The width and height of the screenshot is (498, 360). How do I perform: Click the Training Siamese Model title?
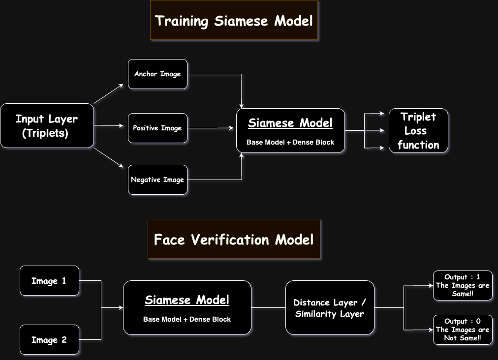point(234,21)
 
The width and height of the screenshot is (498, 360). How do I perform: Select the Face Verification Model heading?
point(234,240)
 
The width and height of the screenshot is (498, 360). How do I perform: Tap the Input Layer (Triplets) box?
point(47,126)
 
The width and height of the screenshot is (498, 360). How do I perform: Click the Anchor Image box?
point(157,74)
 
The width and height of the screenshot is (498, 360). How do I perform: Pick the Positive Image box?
point(157,128)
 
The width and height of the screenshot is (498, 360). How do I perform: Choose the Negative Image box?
point(157,180)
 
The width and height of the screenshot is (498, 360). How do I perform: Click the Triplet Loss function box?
point(418,131)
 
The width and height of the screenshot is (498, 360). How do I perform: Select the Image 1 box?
point(49,281)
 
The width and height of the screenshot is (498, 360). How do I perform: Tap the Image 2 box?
point(49,340)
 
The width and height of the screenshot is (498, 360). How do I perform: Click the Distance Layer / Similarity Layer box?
point(330,308)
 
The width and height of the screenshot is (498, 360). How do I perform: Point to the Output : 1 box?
point(463,285)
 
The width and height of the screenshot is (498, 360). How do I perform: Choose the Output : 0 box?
point(463,330)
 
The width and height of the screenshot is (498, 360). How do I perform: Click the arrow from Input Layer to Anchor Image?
point(108,94)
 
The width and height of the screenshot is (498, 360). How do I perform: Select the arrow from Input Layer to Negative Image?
point(108,158)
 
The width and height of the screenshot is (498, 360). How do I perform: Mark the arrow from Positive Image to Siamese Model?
point(211,128)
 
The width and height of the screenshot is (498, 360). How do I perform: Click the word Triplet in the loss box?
point(418,117)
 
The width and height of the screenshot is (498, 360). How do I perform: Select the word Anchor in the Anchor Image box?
point(146,74)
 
